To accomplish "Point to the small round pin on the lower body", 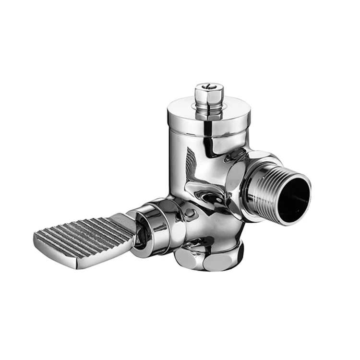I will point(191,212).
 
